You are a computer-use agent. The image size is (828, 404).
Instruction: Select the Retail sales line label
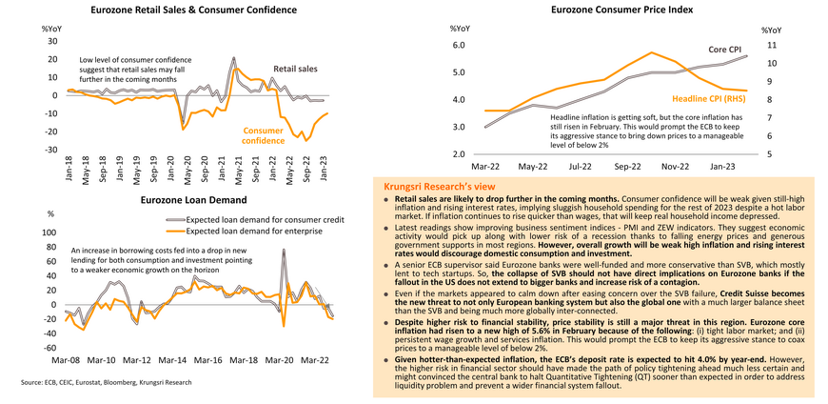tap(297, 70)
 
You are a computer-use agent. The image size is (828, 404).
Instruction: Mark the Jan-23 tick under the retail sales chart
tap(325, 169)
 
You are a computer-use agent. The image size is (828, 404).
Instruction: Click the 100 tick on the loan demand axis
tap(49, 232)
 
